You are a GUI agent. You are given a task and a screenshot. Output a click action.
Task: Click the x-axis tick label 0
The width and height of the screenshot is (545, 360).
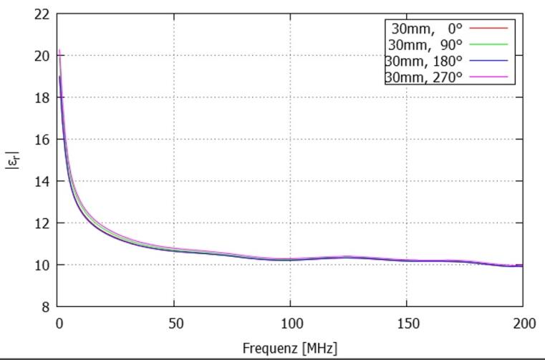(x=59, y=323)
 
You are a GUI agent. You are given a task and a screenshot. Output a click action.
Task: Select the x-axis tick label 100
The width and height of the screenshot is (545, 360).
(x=290, y=323)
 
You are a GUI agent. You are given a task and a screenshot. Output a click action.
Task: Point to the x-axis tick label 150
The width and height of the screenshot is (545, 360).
(x=407, y=323)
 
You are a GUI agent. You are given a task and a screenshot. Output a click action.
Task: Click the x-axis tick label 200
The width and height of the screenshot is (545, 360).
(x=523, y=323)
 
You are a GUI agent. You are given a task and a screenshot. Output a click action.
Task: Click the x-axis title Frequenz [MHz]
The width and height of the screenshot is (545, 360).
(x=290, y=349)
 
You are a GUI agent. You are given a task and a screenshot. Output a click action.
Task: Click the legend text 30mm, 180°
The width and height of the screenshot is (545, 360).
(x=424, y=61)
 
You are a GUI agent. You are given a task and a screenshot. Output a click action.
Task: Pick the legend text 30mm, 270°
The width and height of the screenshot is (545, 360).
(x=424, y=77)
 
